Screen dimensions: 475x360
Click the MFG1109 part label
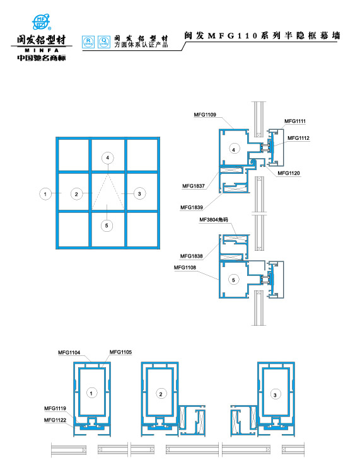[x=206, y=115]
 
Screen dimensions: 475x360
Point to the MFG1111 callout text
[x=295, y=121]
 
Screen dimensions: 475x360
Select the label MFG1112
[x=298, y=138]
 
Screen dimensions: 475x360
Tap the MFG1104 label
[x=69, y=352]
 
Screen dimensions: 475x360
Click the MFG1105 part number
[x=120, y=352]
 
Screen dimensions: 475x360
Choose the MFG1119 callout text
[x=55, y=408]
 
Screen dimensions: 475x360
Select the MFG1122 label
[x=55, y=420]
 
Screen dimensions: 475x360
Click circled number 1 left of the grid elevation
[x=45, y=194]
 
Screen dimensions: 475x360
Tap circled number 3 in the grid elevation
[x=139, y=193]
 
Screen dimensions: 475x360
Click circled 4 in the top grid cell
[x=108, y=157]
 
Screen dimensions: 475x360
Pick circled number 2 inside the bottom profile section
[x=160, y=394]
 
